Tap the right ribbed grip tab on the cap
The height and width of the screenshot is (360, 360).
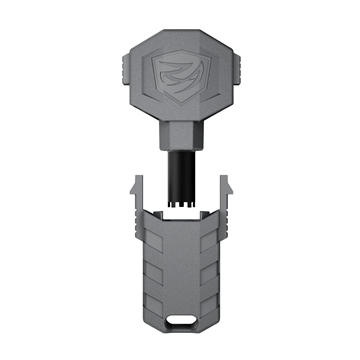[242, 76]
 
